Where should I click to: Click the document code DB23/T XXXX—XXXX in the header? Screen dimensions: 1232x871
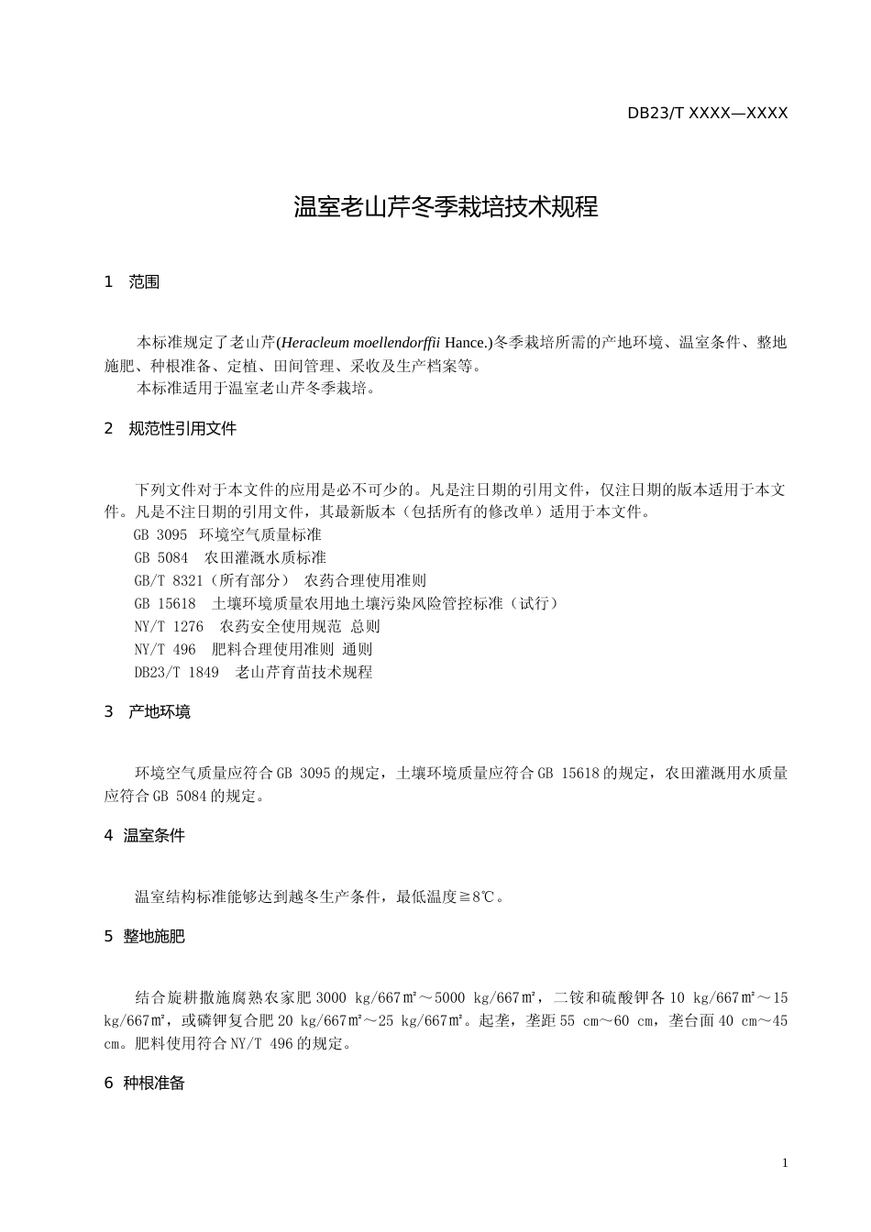tap(707, 114)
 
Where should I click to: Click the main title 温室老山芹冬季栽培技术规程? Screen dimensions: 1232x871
tap(446, 207)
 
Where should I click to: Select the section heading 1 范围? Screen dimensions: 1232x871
tap(132, 282)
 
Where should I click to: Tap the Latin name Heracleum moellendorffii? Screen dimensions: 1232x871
tap(359, 343)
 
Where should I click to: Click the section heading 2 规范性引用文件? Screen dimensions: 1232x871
tap(171, 429)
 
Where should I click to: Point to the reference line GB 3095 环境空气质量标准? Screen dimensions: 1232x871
tap(227, 534)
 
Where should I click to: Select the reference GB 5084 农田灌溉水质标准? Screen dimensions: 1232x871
tap(229, 557)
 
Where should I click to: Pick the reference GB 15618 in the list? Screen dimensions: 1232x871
tap(346, 603)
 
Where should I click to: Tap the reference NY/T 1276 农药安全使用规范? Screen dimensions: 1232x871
tap(257, 626)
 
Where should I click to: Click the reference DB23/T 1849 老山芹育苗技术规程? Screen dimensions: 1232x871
tap(253, 672)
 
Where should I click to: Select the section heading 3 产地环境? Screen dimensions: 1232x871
tap(148, 712)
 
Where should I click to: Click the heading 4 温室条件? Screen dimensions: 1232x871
tap(145, 836)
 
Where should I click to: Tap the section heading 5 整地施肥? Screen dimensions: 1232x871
tap(145, 937)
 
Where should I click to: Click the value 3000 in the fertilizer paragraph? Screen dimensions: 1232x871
tap(331, 998)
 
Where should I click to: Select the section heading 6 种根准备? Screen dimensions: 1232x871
tap(145, 1083)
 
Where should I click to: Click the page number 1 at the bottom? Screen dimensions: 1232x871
tap(785, 1163)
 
